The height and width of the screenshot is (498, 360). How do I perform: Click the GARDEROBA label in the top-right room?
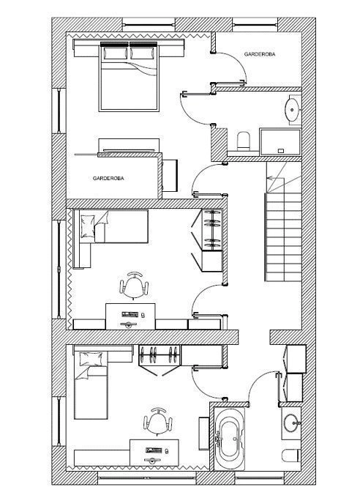click(260, 54)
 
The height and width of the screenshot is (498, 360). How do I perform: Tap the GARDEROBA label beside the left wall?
click(108, 179)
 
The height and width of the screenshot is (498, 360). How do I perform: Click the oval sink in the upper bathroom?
click(293, 110)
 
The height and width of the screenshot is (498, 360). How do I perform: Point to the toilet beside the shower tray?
click(244, 141)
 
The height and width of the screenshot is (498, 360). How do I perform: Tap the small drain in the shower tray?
click(281, 151)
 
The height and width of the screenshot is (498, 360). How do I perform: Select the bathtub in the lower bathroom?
click(229, 439)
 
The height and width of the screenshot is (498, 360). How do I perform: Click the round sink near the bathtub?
click(291, 423)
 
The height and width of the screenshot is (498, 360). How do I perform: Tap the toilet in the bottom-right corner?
click(290, 456)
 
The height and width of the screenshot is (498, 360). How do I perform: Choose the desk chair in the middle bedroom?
click(134, 285)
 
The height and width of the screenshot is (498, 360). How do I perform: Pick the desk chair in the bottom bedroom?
click(158, 421)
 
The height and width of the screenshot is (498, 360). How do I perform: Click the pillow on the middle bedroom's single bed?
click(88, 226)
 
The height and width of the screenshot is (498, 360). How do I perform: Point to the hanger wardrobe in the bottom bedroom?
click(160, 360)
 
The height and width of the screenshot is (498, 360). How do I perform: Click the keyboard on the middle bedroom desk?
click(130, 315)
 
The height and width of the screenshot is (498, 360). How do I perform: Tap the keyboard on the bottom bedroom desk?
click(154, 450)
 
